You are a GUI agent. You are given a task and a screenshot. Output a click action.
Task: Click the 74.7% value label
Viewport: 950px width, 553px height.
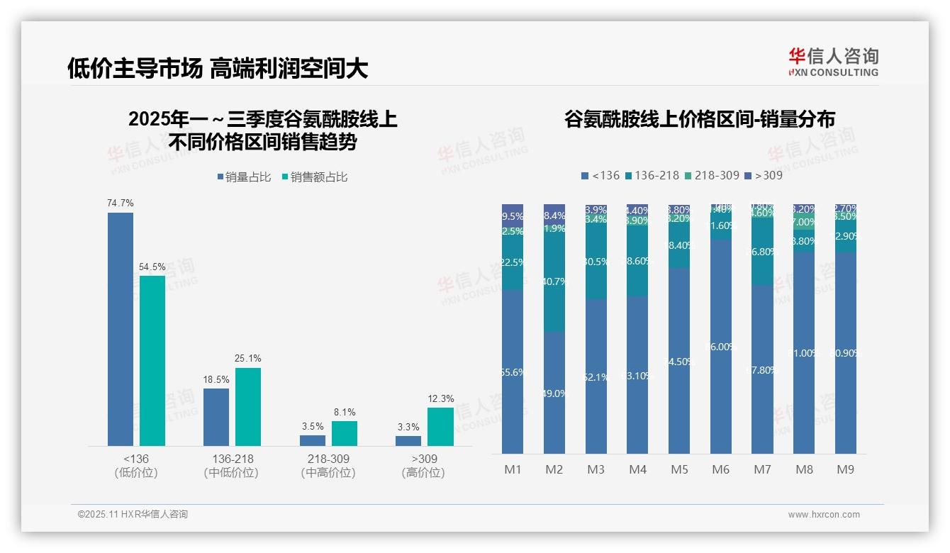(121, 203)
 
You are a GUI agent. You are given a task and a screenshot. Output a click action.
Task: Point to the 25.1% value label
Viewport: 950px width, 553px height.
(248, 359)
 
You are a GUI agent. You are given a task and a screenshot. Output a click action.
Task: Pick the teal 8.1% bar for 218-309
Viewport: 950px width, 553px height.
(345, 433)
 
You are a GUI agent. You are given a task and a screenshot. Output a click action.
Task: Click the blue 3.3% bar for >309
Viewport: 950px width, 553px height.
(408, 441)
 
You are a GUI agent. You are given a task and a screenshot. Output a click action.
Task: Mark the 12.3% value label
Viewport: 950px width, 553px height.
(440, 399)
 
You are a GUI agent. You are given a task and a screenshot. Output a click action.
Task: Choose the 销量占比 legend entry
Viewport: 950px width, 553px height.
(244, 177)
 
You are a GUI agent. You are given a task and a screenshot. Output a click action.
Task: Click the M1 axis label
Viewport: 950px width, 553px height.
(513, 470)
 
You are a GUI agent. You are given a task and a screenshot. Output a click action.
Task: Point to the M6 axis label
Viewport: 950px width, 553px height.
(721, 470)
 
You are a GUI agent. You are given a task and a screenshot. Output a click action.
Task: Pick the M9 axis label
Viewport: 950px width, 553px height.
(846, 470)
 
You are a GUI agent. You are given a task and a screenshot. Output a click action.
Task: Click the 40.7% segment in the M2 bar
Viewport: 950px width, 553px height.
(554, 282)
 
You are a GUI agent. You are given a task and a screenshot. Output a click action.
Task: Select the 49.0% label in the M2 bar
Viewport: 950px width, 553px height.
(554, 393)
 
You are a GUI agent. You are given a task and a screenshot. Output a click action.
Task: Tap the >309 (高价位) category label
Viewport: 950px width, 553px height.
(423, 466)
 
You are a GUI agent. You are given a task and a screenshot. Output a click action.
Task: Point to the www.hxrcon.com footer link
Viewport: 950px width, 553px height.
(824, 515)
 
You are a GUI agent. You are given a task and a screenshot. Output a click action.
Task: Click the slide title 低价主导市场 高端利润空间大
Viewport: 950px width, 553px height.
(218, 68)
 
